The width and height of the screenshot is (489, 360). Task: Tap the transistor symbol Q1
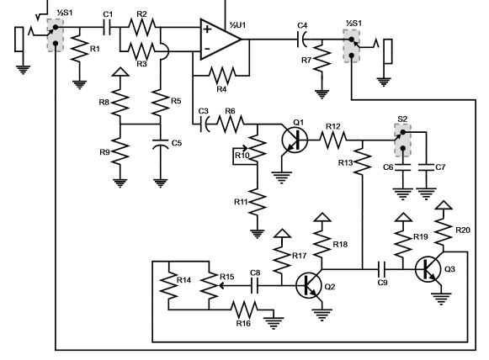(x=295, y=140)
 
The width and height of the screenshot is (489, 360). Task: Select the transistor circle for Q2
(x=309, y=285)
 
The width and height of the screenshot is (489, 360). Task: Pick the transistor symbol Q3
(x=428, y=269)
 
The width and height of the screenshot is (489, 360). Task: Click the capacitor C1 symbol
(x=107, y=28)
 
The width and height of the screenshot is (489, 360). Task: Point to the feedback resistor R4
(x=222, y=75)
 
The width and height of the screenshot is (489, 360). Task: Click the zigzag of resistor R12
(x=333, y=140)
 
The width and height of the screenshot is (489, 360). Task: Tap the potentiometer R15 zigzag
(x=210, y=285)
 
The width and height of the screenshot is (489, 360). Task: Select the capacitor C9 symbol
(x=381, y=269)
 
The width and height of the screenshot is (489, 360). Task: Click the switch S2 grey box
(x=402, y=140)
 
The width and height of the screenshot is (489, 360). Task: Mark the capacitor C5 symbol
(x=160, y=143)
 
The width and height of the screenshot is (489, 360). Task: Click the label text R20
(x=463, y=230)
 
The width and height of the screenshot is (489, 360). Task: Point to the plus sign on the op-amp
(x=207, y=29)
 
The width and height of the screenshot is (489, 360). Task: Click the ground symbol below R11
(x=258, y=234)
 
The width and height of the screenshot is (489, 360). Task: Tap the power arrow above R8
(x=120, y=71)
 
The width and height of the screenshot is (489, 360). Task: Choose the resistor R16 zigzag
(x=244, y=310)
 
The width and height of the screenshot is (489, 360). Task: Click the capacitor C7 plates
(x=426, y=167)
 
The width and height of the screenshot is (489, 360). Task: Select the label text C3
(x=204, y=111)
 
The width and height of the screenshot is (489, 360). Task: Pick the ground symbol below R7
(x=322, y=94)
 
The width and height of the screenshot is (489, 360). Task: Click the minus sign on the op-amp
(x=207, y=49)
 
